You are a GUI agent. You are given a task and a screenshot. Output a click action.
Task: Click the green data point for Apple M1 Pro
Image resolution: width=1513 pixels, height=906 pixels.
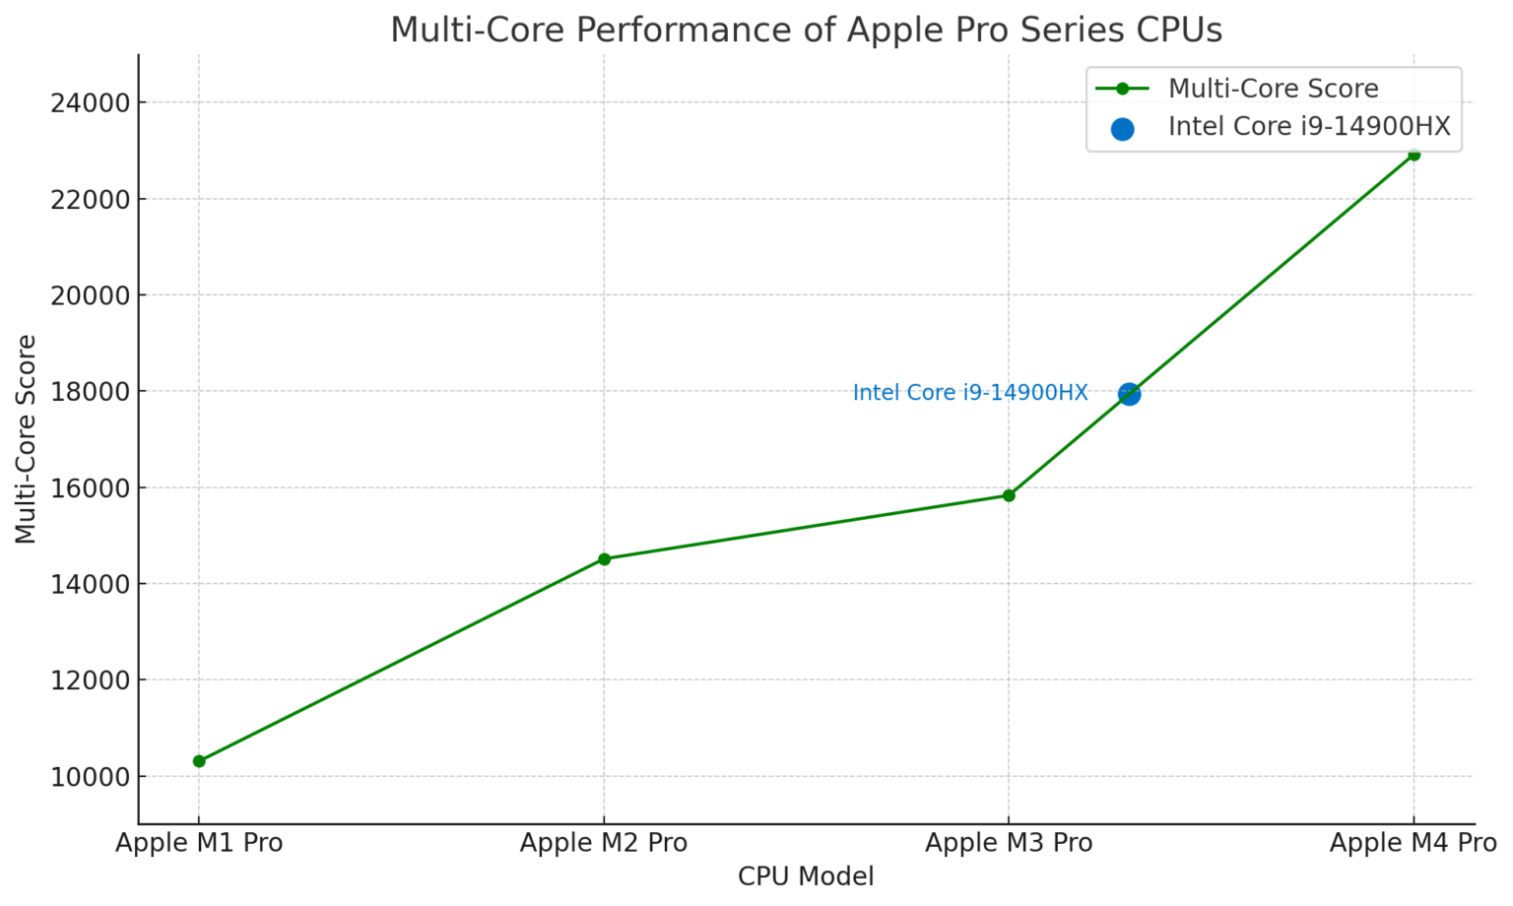tap(199, 760)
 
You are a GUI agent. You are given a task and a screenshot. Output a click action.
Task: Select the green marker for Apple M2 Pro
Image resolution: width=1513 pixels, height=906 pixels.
tap(604, 558)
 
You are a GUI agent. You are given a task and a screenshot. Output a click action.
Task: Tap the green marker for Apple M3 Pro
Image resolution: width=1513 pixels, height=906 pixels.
tap(1009, 495)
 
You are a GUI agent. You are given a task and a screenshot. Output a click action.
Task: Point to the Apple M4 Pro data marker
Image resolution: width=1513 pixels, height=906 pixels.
tap(1414, 155)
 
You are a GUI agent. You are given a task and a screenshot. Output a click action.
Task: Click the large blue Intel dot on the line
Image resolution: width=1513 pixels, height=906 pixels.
tap(1129, 394)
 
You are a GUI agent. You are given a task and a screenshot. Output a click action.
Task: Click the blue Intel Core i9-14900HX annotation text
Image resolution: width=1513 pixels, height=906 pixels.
tap(969, 393)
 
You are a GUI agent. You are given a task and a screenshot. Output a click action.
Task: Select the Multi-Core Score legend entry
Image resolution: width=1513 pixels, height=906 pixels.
tap(1272, 89)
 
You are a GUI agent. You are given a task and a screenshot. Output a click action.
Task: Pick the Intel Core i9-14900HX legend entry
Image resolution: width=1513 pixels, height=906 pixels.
tap(1308, 127)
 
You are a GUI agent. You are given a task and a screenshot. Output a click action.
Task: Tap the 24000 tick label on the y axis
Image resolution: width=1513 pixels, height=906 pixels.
tap(90, 103)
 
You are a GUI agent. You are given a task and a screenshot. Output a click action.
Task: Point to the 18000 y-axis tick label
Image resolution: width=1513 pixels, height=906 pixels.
tap(90, 392)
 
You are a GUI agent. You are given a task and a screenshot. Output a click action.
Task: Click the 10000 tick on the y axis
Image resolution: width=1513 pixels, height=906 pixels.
tap(90, 777)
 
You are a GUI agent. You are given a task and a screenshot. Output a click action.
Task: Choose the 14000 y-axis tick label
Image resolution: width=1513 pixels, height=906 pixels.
tap(90, 585)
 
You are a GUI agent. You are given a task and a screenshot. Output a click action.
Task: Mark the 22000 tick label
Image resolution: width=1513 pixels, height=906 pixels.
tap(90, 200)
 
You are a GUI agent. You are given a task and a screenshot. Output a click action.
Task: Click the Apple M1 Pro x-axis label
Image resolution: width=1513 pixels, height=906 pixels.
tap(199, 843)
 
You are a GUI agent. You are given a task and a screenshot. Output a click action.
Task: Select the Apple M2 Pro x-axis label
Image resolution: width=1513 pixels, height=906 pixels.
tap(604, 843)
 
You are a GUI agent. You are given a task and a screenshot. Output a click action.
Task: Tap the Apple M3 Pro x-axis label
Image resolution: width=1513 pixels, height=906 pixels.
tap(1009, 843)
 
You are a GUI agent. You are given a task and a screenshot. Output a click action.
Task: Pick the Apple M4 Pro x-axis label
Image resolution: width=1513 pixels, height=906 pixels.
tap(1413, 843)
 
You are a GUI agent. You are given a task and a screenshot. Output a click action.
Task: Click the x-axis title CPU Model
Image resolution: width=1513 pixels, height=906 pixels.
tap(806, 876)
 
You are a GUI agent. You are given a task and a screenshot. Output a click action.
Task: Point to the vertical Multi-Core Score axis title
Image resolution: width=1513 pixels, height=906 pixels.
tap(27, 438)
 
